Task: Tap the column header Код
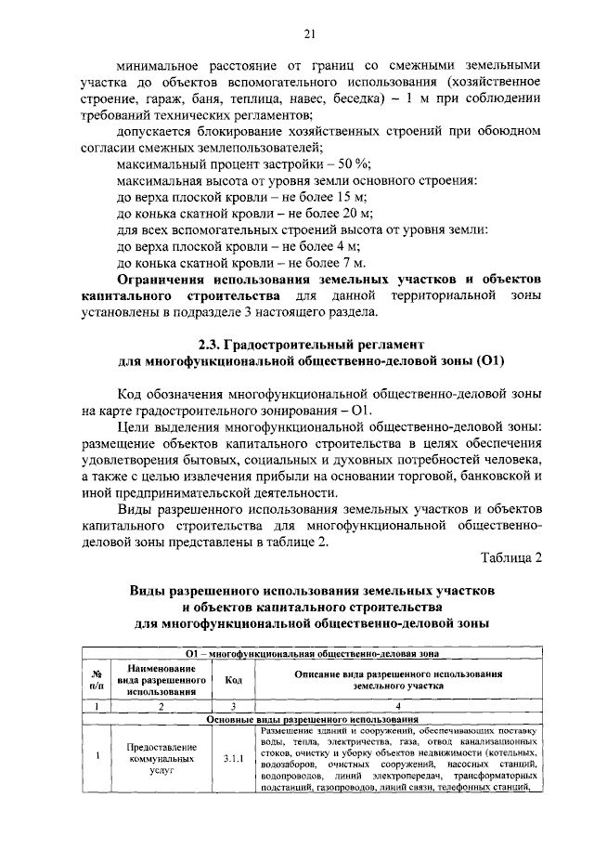(233, 679)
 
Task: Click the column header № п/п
(97, 679)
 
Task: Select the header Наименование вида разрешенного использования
(161, 679)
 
